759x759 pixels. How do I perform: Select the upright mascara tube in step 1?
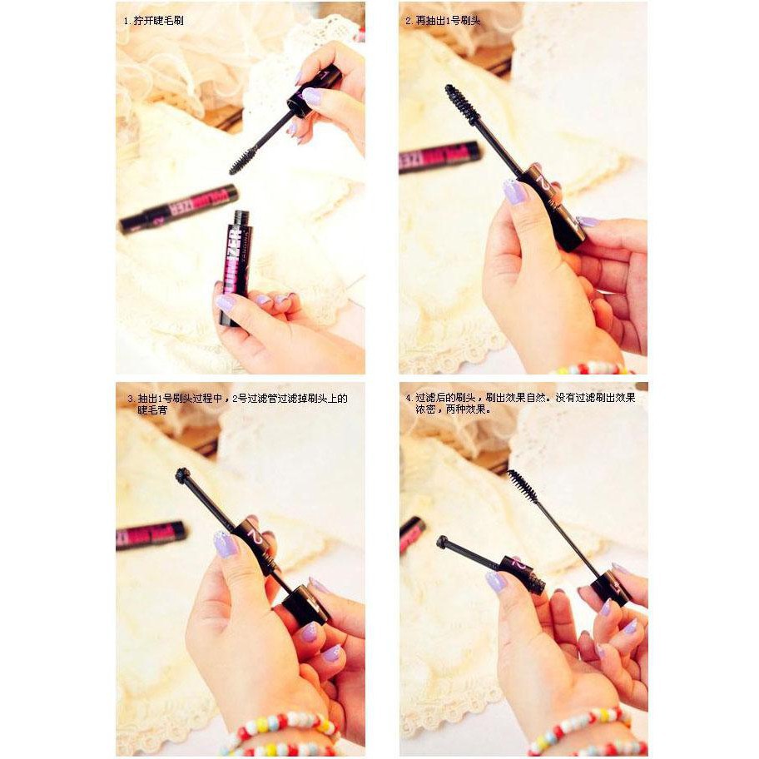pyautogui.click(x=236, y=264)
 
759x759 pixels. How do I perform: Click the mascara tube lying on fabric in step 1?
pyautogui.click(x=178, y=209)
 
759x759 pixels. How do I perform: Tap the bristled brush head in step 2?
pyautogui.click(x=459, y=104)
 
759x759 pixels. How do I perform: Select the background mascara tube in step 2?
pyautogui.click(x=439, y=156)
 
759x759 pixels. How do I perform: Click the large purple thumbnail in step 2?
pyautogui.click(x=514, y=192)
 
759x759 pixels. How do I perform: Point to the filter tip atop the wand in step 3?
pyautogui.click(x=181, y=476)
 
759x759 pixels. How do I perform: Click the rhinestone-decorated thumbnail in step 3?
pyautogui.click(x=225, y=544)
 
